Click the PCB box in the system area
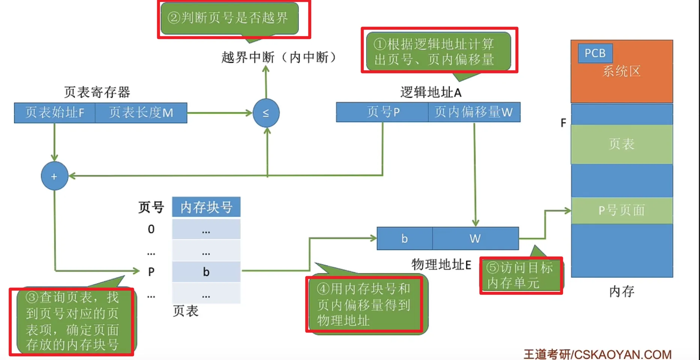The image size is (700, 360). (595, 53)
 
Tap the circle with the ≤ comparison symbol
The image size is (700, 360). (266, 113)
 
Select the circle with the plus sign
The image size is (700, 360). (54, 176)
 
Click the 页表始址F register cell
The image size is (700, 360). (55, 113)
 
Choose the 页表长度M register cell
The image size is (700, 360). (141, 113)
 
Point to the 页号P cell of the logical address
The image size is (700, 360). (382, 112)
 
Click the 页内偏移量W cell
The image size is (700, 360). (474, 112)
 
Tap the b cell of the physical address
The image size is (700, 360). (404, 238)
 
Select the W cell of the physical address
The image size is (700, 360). (475, 238)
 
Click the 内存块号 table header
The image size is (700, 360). (206, 207)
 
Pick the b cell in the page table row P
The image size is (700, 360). (206, 272)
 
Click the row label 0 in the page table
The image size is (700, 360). (151, 229)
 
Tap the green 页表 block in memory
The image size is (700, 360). (622, 144)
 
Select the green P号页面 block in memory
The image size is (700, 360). (622, 210)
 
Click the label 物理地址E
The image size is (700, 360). (441, 265)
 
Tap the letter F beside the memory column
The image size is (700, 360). (563, 123)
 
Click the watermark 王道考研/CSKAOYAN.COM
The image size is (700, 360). (597, 354)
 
